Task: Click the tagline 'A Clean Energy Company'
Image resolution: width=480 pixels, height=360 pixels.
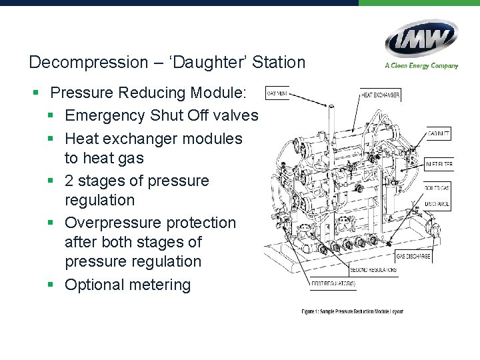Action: (x=421, y=65)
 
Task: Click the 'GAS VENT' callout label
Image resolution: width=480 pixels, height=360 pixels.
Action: (x=277, y=93)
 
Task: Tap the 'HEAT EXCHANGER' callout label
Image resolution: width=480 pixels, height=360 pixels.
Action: (x=380, y=95)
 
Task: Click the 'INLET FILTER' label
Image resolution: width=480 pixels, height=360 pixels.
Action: (x=439, y=164)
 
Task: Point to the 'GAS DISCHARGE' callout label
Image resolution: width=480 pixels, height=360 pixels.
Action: (x=413, y=256)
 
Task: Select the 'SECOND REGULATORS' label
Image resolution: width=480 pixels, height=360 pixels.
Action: (x=373, y=270)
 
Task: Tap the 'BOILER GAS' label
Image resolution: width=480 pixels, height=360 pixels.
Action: (x=438, y=188)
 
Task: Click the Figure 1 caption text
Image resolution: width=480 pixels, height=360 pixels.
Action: (x=352, y=311)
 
